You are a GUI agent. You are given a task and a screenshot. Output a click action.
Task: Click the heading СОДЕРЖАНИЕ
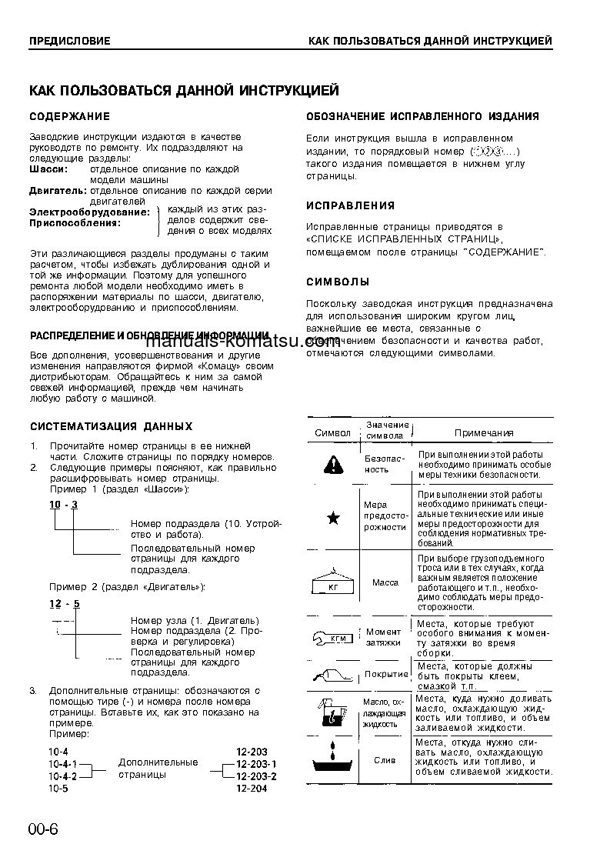point(69,116)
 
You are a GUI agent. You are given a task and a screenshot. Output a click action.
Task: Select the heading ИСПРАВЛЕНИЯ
point(350,205)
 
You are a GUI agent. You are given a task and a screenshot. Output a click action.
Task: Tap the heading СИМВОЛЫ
point(338,282)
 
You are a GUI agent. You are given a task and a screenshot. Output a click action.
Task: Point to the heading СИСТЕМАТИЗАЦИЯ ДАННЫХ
point(111,426)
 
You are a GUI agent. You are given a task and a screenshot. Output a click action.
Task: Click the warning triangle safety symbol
point(332,463)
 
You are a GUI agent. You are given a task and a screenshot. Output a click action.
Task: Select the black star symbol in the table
point(333,518)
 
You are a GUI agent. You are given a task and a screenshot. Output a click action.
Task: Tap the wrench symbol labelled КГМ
point(332,637)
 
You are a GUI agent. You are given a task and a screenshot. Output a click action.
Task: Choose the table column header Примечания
point(484,433)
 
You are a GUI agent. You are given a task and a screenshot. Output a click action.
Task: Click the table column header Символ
point(332,433)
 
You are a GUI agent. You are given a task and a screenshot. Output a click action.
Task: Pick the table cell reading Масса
point(385,582)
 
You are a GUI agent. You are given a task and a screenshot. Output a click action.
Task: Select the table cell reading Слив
point(385,760)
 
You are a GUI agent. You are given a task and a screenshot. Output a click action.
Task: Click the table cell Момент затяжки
point(383,637)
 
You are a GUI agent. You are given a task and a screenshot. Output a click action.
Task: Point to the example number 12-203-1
point(256,764)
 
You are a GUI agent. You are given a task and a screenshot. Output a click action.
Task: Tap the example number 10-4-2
point(62,776)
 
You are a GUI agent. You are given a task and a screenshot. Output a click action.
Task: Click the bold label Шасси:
point(48,168)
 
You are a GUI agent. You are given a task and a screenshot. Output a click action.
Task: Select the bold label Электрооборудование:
point(89,212)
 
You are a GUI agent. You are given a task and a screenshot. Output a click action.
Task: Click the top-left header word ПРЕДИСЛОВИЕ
point(69,41)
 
